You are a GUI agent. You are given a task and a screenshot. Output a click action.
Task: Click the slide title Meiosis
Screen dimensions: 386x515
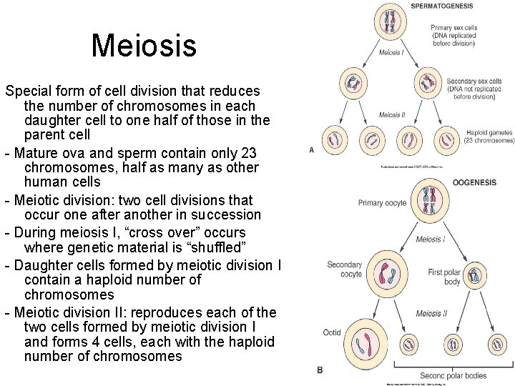[x=143, y=46]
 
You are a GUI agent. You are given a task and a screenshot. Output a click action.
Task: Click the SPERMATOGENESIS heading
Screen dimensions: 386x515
[x=441, y=6]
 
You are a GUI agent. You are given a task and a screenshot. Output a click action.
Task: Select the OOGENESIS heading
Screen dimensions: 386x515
[x=474, y=183]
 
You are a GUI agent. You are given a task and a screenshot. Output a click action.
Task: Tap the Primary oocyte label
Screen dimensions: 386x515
[x=382, y=203]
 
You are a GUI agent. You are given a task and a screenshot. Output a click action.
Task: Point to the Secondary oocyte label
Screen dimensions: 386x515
[x=344, y=269]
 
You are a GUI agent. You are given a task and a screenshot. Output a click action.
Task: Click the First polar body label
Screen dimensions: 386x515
[x=445, y=277]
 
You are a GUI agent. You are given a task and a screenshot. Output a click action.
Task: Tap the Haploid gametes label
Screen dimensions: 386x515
[x=490, y=137]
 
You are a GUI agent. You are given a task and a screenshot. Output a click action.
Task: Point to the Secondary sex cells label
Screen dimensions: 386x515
[x=474, y=89]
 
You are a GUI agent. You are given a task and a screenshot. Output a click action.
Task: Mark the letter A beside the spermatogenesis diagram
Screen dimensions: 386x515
[x=312, y=150]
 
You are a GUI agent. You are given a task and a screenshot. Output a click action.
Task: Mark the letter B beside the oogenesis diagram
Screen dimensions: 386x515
[x=320, y=370]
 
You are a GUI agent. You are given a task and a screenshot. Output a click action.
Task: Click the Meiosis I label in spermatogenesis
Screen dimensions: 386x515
[x=391, y=53]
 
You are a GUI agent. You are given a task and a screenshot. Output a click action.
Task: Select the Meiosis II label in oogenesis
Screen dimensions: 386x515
[x=431, y=314]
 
